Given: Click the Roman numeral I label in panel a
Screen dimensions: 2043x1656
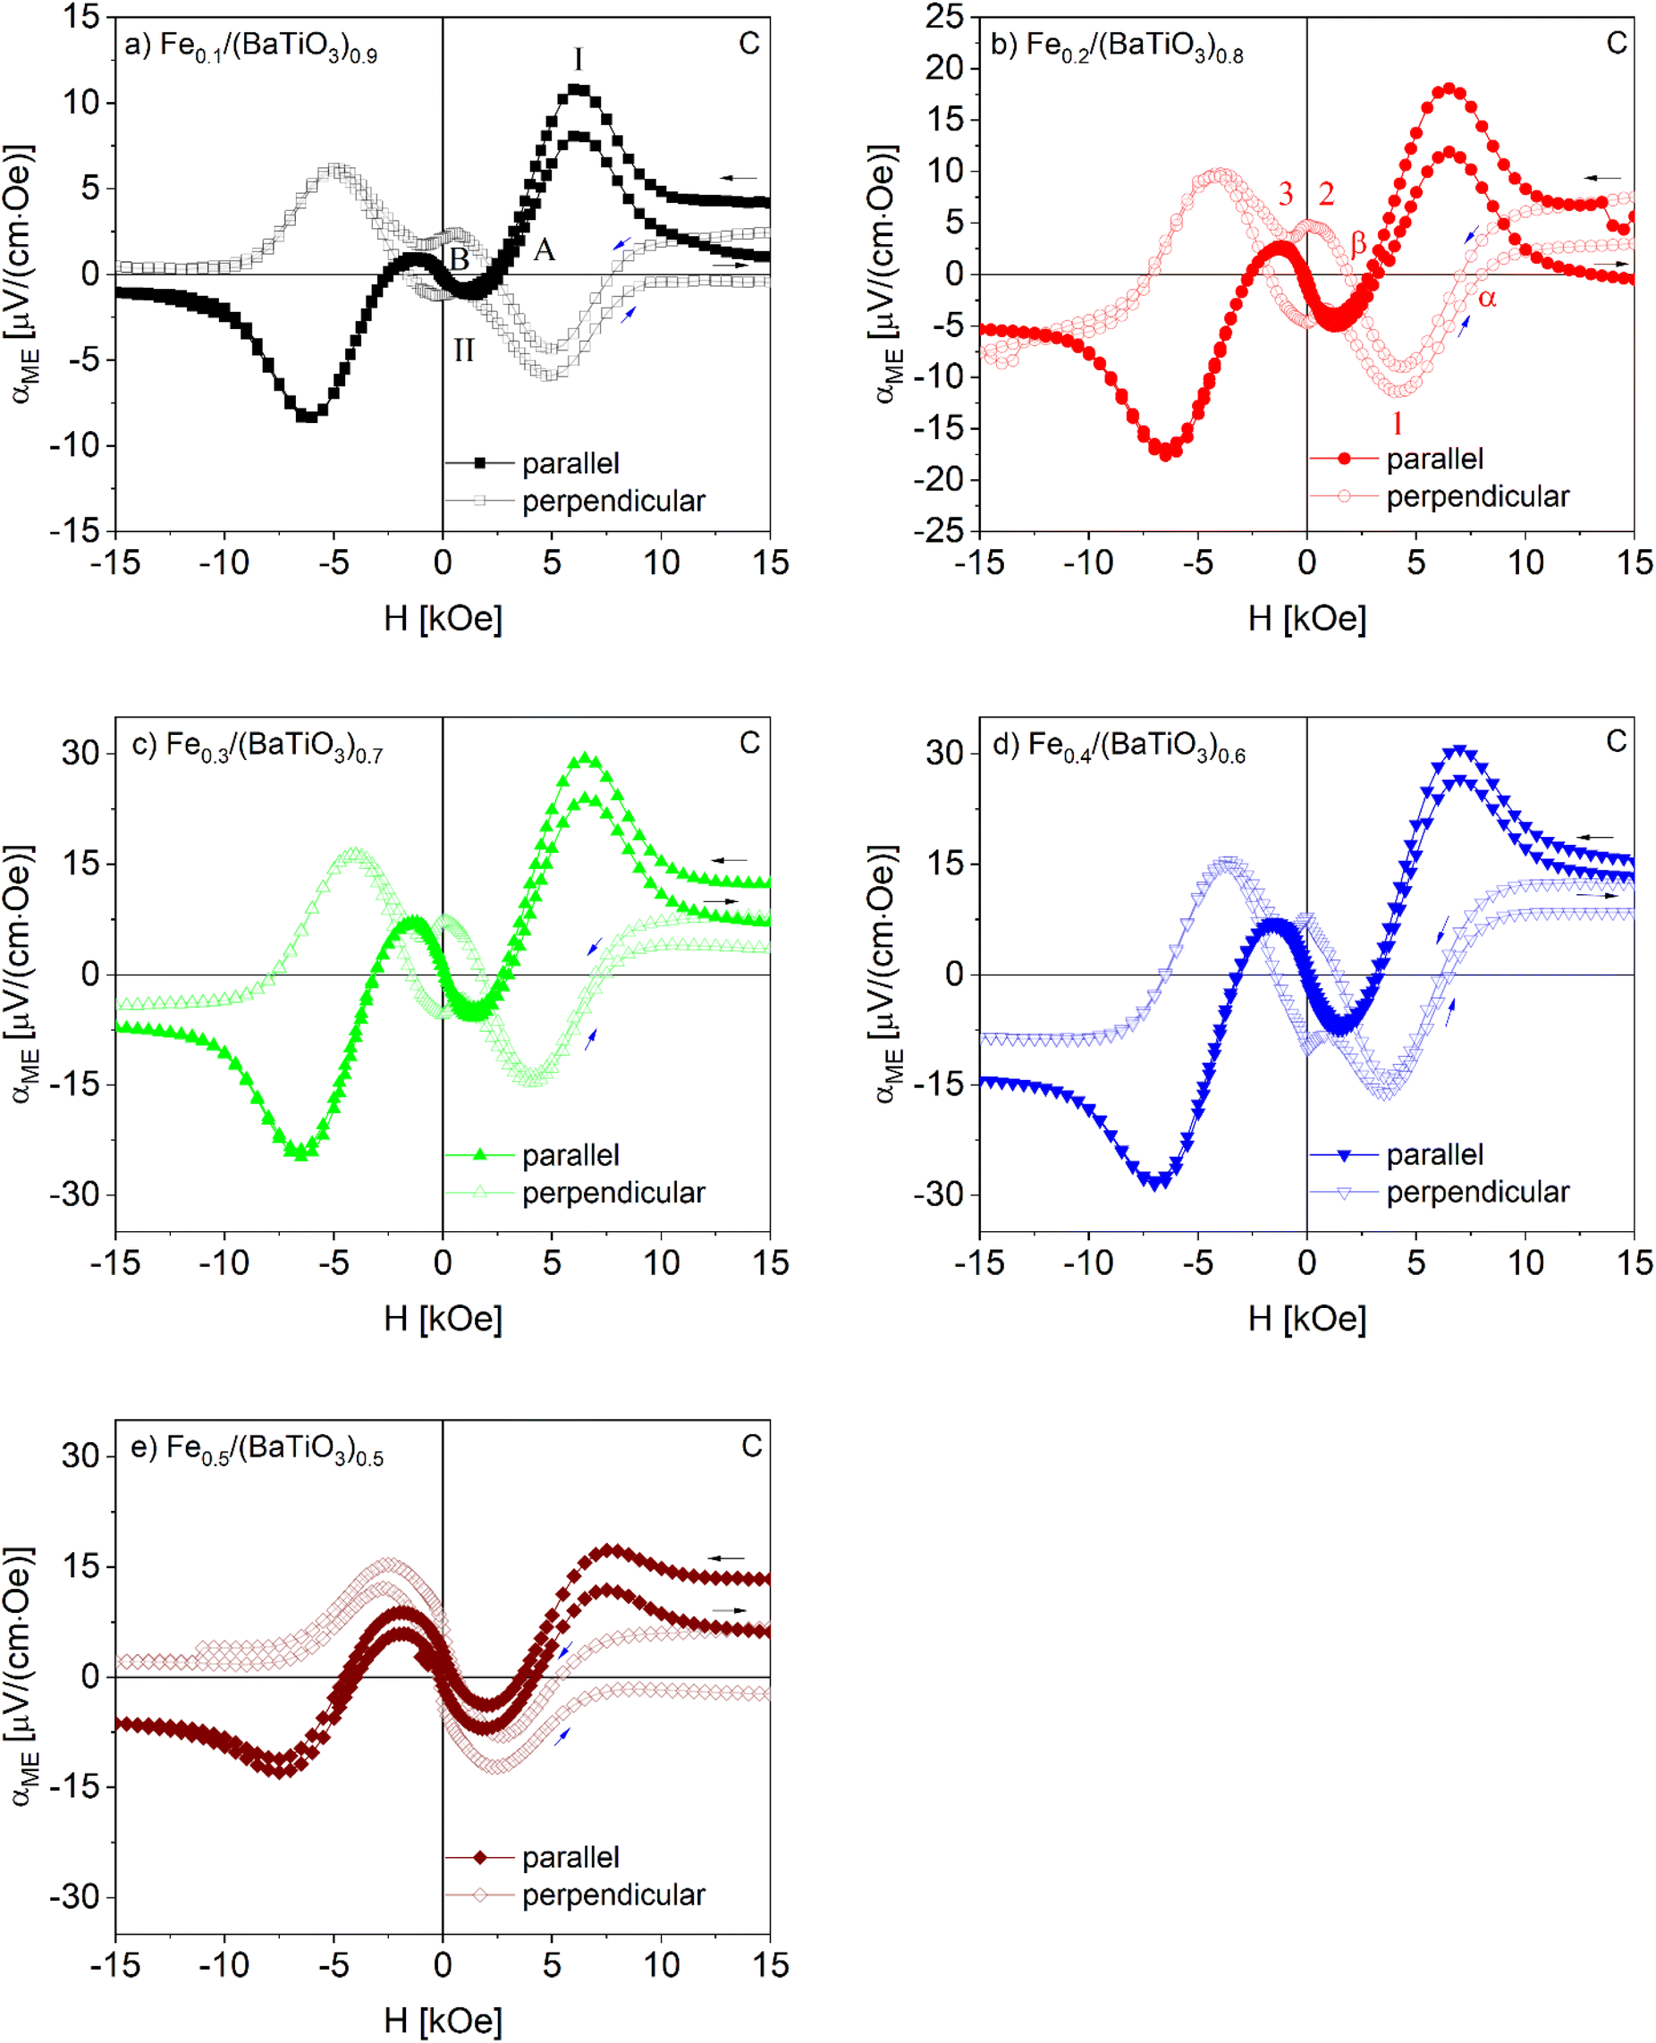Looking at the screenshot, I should click(x=578, y=60).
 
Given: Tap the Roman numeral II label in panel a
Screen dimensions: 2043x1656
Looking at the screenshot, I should click(x=463, y=351).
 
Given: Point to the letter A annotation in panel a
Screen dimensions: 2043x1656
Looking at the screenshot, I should click(x=544, y=249).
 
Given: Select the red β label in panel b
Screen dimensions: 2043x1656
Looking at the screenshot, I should click(x=1358, y=244).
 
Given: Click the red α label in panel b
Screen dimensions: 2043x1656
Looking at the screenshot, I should click(x=1487, y=299).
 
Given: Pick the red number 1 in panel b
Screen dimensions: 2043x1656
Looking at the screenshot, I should click(x=1398, y=423).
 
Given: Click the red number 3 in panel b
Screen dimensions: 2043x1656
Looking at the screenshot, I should click(x=1285, y=195).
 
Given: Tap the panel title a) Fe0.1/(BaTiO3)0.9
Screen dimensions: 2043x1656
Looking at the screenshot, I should click(x=251, y=46).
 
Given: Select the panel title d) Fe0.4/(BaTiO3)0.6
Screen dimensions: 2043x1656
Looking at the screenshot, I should click(x=1118, y=745).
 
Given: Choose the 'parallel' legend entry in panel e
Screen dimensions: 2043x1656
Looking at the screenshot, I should click(x=570, y=1857).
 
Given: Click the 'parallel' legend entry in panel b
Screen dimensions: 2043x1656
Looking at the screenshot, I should click(x=1433, y=459).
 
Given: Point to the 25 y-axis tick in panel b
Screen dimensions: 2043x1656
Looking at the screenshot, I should click(x=944, y=16).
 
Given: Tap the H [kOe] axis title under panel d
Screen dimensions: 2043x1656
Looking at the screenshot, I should click(x=1307, y=1318).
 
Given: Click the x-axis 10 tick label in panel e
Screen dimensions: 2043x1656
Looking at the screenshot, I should click(x=661, y=1965).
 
